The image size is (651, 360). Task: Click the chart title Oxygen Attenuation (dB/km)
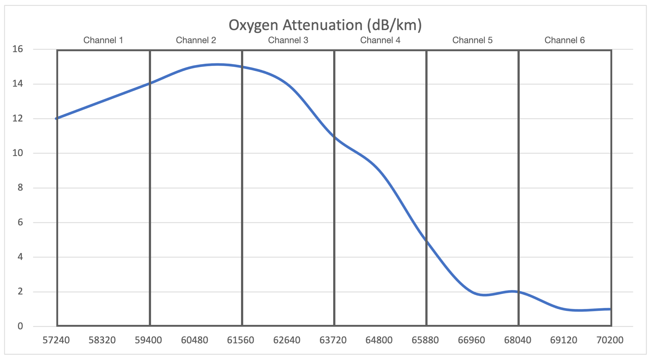[x=325, y=25]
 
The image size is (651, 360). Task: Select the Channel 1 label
[x=103, y=40]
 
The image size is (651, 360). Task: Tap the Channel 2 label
[x=196, y=40]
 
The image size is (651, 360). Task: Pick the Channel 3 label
[x=288, y=40]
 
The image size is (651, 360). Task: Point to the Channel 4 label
[x=380, y=40]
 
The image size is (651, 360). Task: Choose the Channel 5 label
[x=472, y=40]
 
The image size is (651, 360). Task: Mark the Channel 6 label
[x=564, y=40]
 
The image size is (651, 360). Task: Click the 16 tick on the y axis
[x=18, y=49]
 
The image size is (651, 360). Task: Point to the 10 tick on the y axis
[x=18, y=153]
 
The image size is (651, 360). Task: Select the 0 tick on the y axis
[x=20, y=326]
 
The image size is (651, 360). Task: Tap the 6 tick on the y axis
[x=20, y=222]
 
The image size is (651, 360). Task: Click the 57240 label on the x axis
[x=56, y=340]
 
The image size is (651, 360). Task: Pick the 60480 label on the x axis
[x=195, y=340]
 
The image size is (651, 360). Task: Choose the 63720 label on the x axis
[x=333, y=340]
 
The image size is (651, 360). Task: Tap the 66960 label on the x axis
[x=471, y=340]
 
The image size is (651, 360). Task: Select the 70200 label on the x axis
[x=610, y=340]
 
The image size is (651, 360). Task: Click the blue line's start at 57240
[x=57, y=118]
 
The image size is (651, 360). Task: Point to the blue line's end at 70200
[x=610, y=309]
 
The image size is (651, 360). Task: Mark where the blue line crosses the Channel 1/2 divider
[x=150, y=83]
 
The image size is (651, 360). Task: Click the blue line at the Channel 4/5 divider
[x=426, y=240]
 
